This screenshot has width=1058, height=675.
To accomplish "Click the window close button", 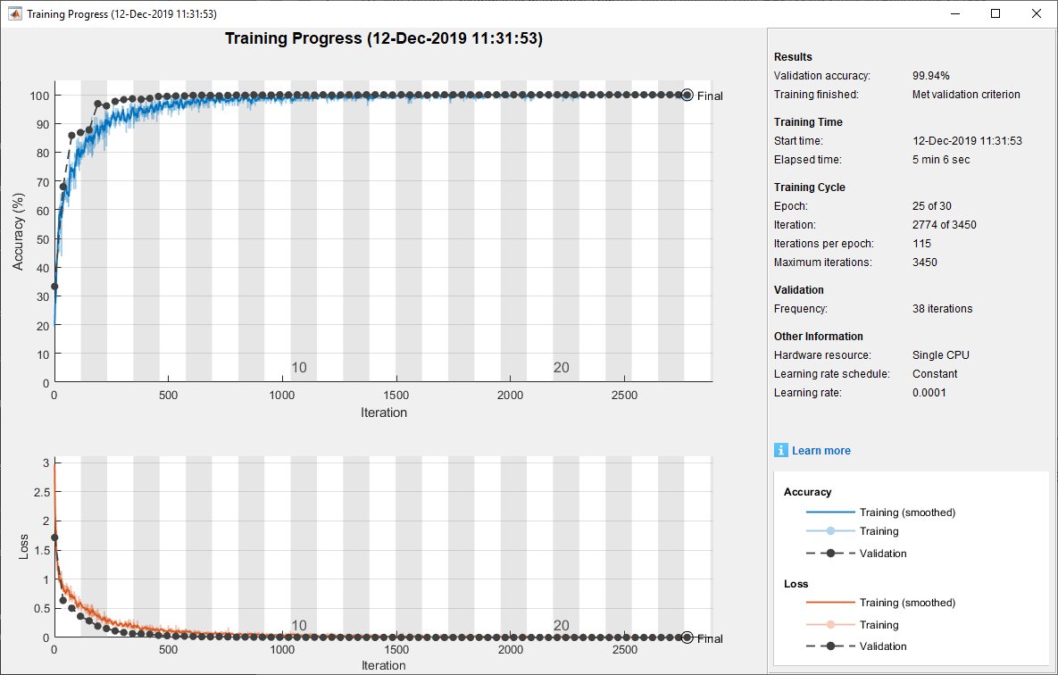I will point(1036,14).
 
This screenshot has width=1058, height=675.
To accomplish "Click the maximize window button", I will point(996,14).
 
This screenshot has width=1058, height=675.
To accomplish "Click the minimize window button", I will point(955,14).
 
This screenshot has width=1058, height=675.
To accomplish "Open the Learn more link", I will point(821,451).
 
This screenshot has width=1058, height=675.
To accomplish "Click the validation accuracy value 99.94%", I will point(931,76).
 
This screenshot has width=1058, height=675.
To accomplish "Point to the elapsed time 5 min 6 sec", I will point(941,160).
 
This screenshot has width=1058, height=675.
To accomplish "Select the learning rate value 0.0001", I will point(929,393).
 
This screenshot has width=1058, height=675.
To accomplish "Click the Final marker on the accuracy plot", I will point(687,96).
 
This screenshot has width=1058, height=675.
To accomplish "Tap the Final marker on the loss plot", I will point(687,637).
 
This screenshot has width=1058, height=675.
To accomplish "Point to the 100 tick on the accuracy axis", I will point(38,96).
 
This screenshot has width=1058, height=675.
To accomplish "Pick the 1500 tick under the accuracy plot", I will point(396,396).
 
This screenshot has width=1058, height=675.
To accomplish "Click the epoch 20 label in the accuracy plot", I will point(561,368).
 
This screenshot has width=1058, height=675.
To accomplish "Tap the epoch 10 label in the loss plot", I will point(299,626).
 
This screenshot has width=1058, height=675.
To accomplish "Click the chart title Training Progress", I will point(383,39).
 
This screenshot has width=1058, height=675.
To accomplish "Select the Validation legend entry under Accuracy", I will point(882,554).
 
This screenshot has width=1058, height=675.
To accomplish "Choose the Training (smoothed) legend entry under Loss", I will point(907,603).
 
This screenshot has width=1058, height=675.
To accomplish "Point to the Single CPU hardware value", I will point(940,355).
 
